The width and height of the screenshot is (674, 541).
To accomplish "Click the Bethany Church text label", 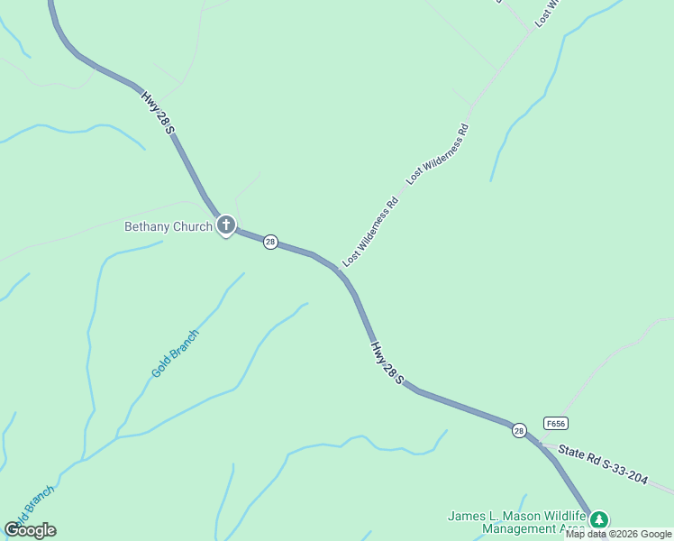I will coord(168,226).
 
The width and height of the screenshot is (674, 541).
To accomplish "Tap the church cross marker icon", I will coord(225,225).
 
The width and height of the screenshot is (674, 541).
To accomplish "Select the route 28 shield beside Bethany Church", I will coord(270,242).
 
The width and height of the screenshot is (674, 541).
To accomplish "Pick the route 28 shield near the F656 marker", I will coord(519,431).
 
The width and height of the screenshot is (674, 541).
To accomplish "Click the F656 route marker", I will coord(556,423).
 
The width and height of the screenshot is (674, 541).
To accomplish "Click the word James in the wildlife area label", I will coord(469,517).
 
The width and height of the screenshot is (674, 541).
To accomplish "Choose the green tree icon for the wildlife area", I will coord(599,519).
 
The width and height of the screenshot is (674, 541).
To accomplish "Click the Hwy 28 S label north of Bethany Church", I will coord(157,113).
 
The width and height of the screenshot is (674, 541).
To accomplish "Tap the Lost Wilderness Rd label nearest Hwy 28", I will coord(370,232).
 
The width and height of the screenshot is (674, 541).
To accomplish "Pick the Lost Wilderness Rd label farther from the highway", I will coord(439,154).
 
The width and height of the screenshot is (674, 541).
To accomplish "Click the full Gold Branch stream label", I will coord(175,353).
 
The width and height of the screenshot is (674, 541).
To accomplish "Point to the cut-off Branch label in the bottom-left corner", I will coord(31,505).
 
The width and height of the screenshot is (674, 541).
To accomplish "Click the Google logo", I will coord(30,530).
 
